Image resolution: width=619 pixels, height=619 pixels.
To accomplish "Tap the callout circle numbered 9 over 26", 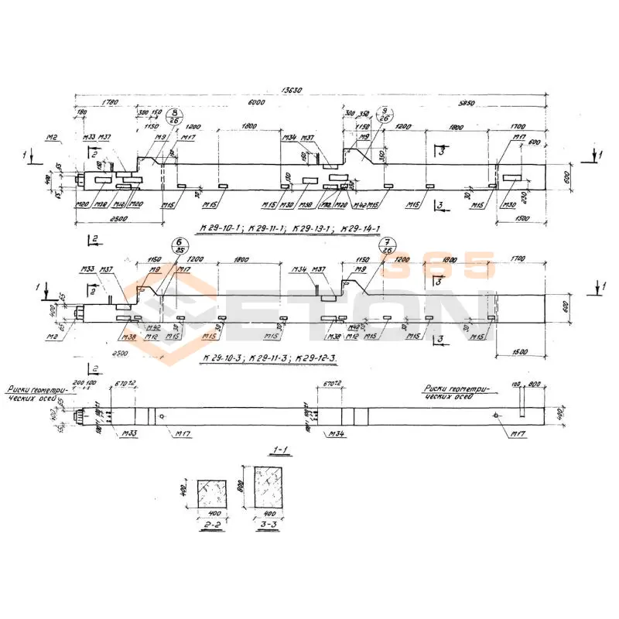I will click(x=385, y=116).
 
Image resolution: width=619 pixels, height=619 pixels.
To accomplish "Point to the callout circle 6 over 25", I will click(x=175, y=246).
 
